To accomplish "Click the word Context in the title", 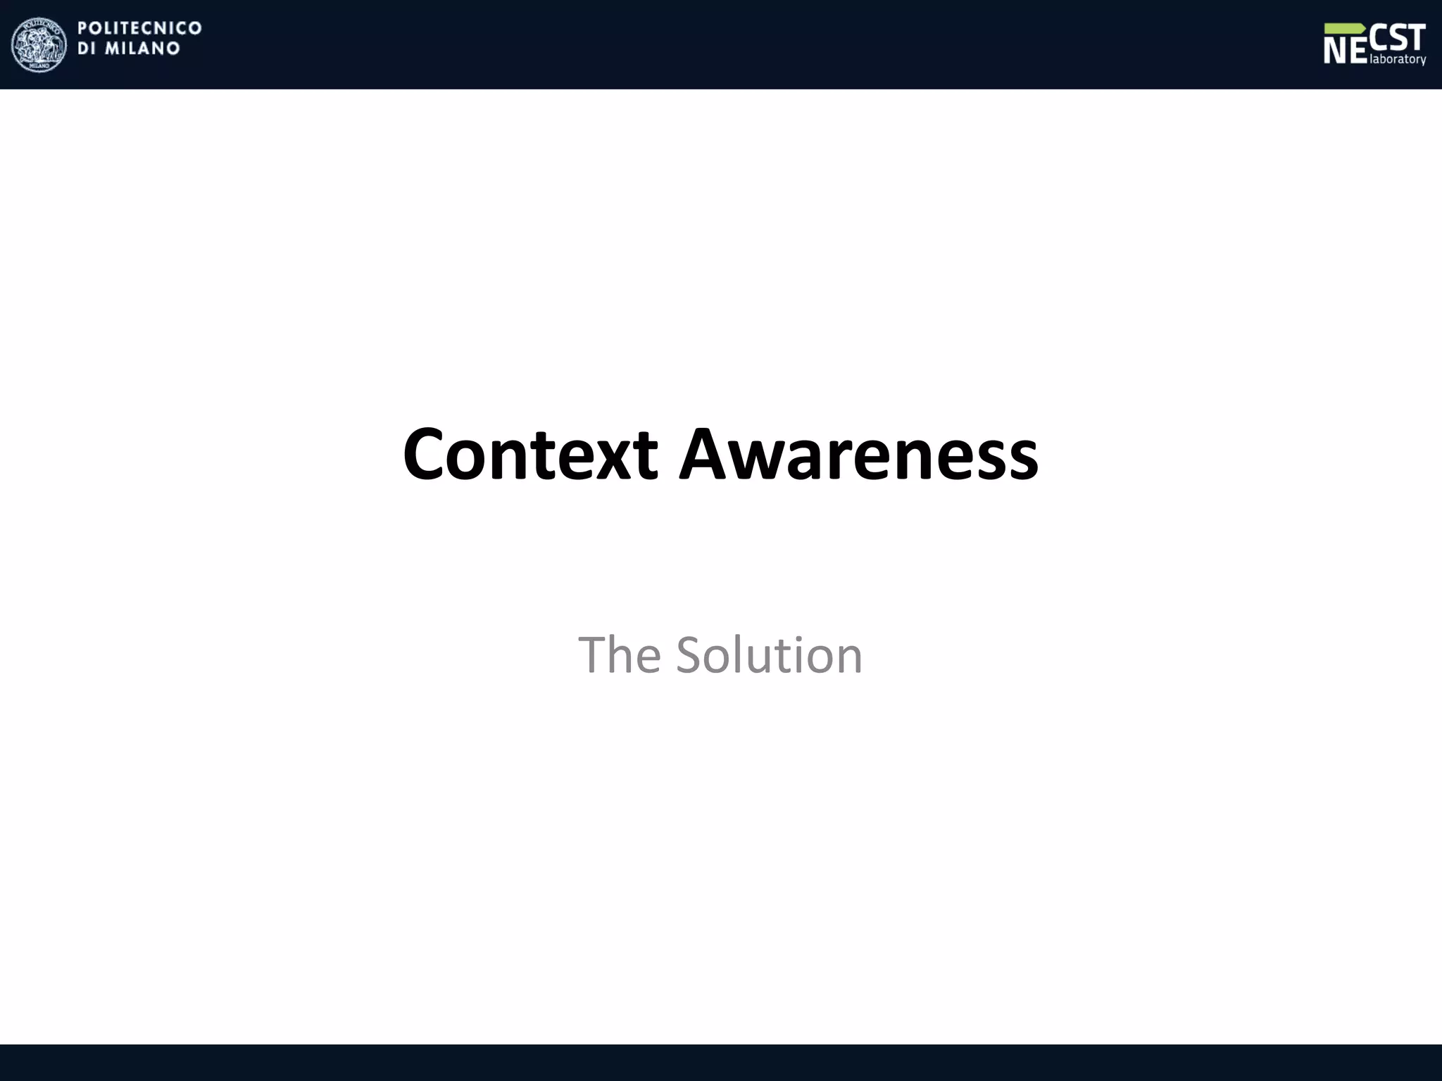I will pyautogui.click(x=530, y=455).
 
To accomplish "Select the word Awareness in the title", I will pyautogui.click(x=858, y=455).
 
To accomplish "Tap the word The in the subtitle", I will pyautogui.click(x=619, y=655).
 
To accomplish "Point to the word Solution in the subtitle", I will pyautogui.click(x=769, y=655).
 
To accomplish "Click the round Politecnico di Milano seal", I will pyautogui.click(x=39, y=45).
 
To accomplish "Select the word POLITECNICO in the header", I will pyautogui.click(x=139, y=28).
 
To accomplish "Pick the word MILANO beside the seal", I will pyautogui.click(x=143, y=49).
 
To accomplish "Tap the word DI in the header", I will pyautogui.click(x=87, y=49).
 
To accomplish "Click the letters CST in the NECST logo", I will pyautogui.click(x=1398, y=37).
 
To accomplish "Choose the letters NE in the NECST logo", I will pyautogui.click(x=1345, y=51).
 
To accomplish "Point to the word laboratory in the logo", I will pyautogui.click(x=1398, y=60).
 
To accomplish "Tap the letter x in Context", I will pyautogui.click(x=617, y=461).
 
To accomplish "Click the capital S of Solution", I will pyautogui.click(x=691, y=655).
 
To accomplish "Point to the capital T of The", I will pyautogui.click(x=592, y=655).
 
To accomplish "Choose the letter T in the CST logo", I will pyautogui.click(x=1415, y=37).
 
